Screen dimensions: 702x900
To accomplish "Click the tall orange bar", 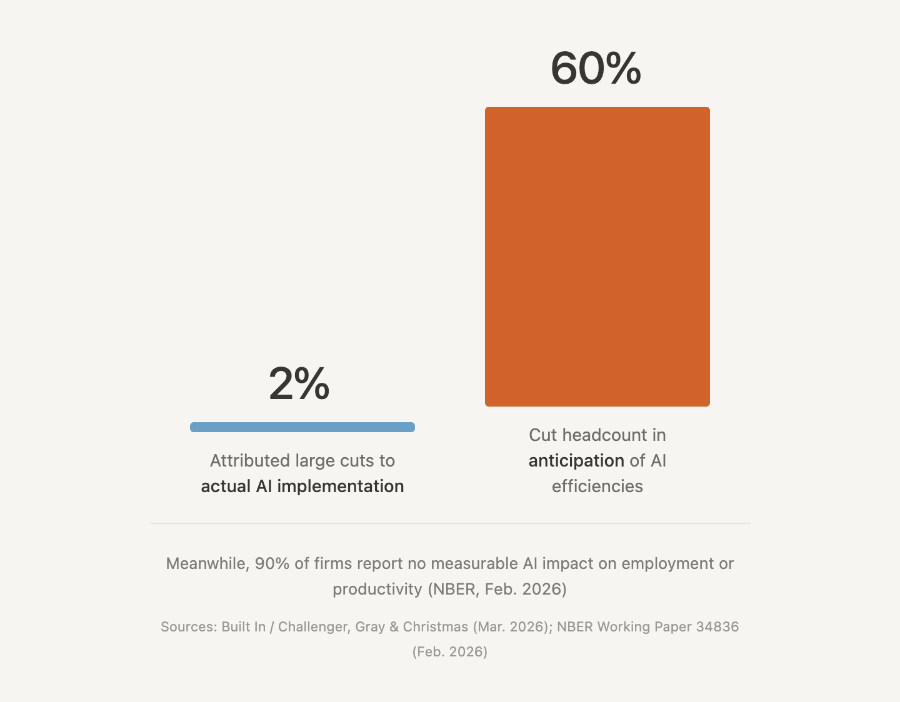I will coord(597,256).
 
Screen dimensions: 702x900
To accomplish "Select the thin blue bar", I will coord(302,427).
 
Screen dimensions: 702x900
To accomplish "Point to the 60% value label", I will coord(596,68).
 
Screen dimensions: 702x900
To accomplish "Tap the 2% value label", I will coord(299,383).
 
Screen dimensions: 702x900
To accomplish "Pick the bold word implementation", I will coord(340,487).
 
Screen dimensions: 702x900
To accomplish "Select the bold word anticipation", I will coord(576,461).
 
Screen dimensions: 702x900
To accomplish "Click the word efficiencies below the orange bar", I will coord(597,487).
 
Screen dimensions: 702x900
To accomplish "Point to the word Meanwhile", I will coord(207,564).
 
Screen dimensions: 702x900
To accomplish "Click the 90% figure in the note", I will coord(272,564).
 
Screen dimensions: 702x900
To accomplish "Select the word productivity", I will coord(377,590).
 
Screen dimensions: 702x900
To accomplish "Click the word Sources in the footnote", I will coord(187,627).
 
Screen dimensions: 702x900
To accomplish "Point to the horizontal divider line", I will coord(450,523).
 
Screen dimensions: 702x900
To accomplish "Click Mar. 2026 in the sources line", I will coord(510,627).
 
